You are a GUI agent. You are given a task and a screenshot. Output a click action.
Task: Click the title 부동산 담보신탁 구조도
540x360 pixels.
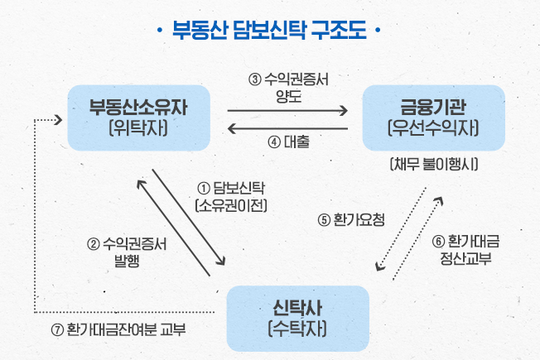tap(269, 30)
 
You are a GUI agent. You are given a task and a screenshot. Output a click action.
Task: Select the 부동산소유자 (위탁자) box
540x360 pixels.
tap(139, 118)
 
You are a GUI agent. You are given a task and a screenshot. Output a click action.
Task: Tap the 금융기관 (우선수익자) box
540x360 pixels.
tap(434, 118)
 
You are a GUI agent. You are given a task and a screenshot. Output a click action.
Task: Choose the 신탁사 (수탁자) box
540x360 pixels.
tap(298, 319)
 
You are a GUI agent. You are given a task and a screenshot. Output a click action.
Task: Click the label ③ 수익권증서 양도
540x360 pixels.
tap(288, 88)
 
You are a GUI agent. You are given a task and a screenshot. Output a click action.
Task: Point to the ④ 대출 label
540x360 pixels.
tap(288, 142)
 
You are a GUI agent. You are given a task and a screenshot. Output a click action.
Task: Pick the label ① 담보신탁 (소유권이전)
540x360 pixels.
tap(231, 196)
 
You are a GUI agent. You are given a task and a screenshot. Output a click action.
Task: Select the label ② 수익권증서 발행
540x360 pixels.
tap(127, 252)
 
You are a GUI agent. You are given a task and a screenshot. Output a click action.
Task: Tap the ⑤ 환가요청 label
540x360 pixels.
tap(351, 220)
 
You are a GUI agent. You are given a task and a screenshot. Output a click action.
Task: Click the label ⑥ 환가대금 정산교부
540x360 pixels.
tap(465, 250)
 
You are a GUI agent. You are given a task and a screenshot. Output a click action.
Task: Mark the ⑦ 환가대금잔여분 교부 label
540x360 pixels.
tap(118, 329)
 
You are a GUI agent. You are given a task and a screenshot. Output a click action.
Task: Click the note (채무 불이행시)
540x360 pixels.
tap(434, 164)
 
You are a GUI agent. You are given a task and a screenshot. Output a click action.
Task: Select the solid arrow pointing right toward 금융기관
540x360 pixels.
tap(287, 111)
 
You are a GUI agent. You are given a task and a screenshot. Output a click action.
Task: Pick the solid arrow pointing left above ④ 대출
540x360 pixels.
tap(287, 129)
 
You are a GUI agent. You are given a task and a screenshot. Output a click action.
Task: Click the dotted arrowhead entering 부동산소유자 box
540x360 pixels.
tap(59, 120)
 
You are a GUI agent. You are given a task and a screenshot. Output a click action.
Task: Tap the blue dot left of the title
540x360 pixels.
tap(159, 31)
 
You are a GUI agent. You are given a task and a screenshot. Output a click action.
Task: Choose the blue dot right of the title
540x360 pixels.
tap(378, 31)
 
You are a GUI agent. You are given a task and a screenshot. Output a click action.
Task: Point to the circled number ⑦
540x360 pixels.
tap(57, 330)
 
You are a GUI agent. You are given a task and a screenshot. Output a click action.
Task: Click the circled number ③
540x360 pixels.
tap(255, 79)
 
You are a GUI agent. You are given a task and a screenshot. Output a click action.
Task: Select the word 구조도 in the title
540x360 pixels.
tap(339, 30)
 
